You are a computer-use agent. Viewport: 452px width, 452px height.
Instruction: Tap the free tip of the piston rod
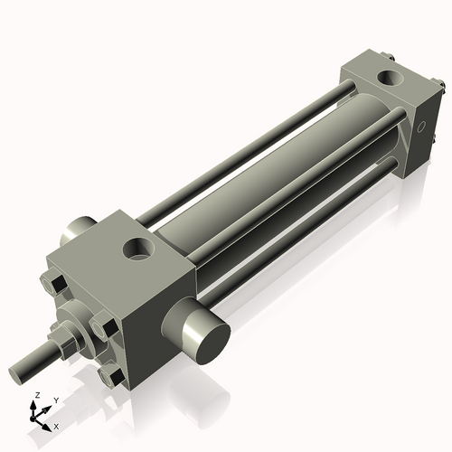tap(17, 373)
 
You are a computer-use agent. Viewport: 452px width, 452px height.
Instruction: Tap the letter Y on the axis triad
tap(56, 400)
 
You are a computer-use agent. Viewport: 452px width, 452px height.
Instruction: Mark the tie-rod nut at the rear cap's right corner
tap(441, 87)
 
